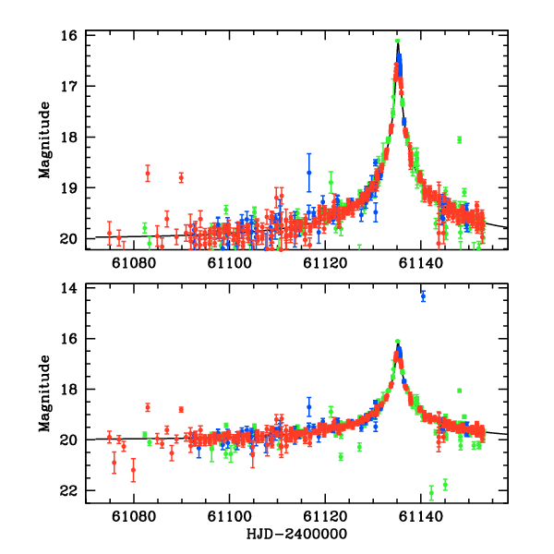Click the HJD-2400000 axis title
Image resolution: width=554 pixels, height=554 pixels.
(x=296, y=535)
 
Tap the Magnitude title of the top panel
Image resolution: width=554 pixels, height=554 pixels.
(x=44, y=137)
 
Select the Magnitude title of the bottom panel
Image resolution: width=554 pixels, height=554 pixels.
(x=44, y=391)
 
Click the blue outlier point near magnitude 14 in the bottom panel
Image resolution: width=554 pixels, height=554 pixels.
(x=423, y=296)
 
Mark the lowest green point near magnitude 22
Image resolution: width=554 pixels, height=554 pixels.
(x=431, y=492)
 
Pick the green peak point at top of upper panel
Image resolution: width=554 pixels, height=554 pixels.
(x=397, y=41)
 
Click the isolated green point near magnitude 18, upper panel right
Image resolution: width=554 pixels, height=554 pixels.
(x=459, y=139)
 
